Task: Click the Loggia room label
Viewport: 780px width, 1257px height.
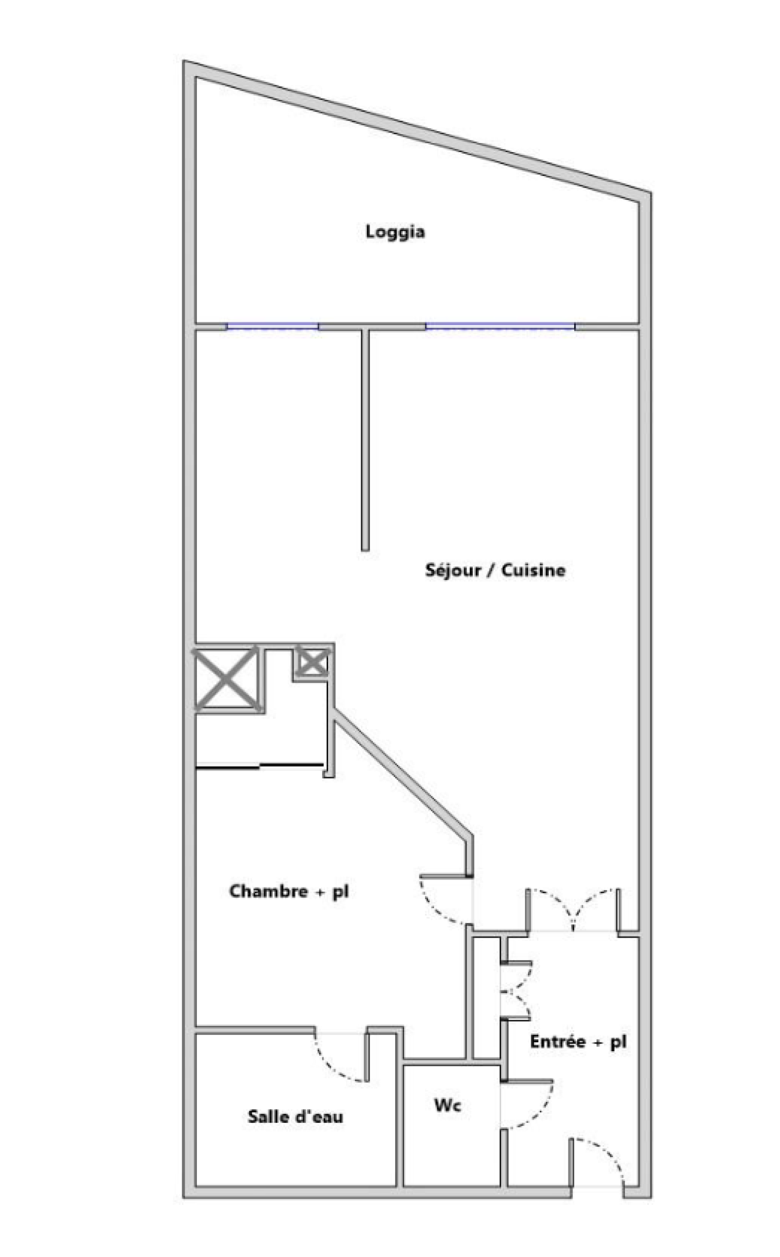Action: tap(395, 232)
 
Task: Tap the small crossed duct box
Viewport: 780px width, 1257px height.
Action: tap(311, 662)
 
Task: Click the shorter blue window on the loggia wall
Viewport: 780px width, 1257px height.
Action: tap(273, 327)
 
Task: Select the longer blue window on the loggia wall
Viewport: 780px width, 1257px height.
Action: tap(500, 327)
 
